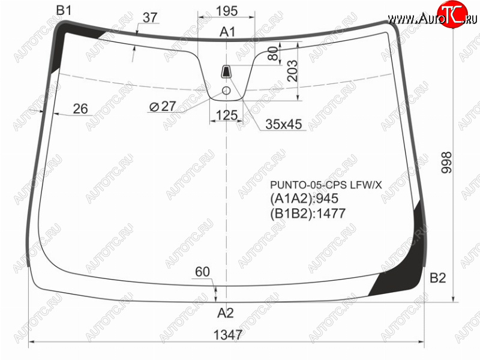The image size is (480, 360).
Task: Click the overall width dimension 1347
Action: pyautogui.click(x=228, y=335)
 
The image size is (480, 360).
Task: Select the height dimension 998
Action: pyautogui.click(x=446, y=163)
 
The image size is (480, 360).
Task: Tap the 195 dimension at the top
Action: pyautogui.click(x=227, y=11)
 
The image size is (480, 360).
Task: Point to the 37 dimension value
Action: pyautogui.click(x=150, y=17)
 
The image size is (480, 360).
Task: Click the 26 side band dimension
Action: pyautogui.click(x=80, y=109)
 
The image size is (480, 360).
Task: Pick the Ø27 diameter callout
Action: pyautogui.click(x=163, y=107)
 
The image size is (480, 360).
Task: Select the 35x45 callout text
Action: pyautogui.click(x=284, y=124)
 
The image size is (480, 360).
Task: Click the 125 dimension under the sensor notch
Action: pyautogui.click(x=227, y=115)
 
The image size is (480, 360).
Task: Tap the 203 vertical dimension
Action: pyautogui.click(x=292, y=71)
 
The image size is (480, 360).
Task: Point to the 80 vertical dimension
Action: pyautogui.click(x=273, y=53)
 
